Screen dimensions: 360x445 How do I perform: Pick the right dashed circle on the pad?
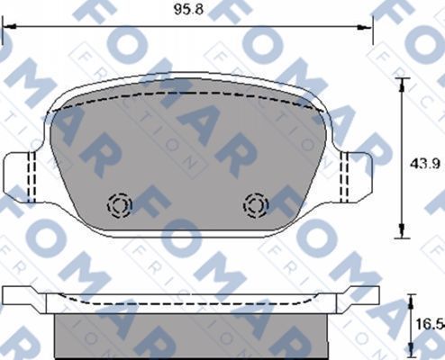pos(258,205)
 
